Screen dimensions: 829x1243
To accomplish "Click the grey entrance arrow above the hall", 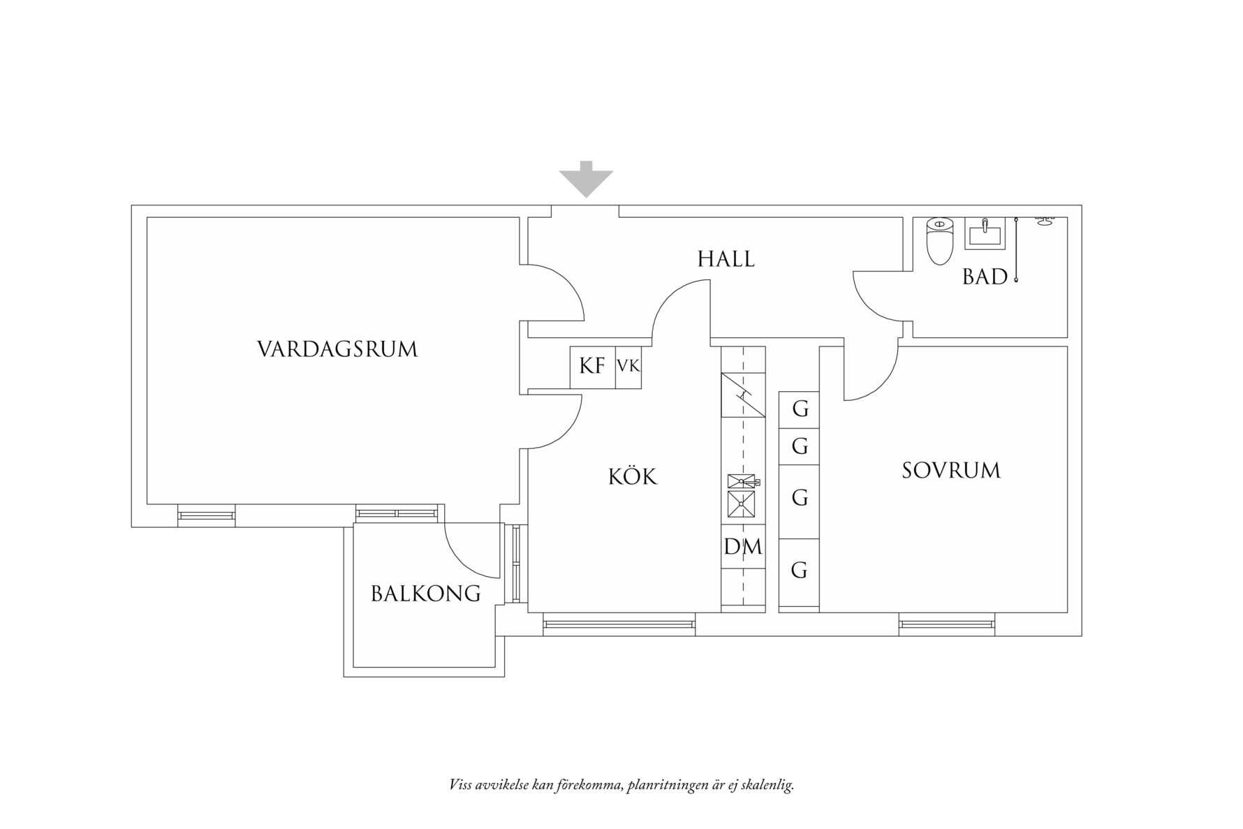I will (x=585, y=179).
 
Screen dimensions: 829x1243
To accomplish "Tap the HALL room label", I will (x=726, y=259).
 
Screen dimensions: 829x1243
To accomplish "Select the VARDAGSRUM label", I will (x=337, y=349).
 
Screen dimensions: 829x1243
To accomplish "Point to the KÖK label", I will (x=633, y=477).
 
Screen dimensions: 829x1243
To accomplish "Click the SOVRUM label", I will (x=951, y=470).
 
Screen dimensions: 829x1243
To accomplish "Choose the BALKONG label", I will (x=425, y=594).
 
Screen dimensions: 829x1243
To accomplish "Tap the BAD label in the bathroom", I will (x=985, y=277).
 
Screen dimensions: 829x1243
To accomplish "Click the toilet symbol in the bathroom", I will (x=939, y=241).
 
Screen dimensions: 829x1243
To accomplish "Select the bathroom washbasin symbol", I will (x=985, y=233).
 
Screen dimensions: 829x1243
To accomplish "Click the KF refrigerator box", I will (x=592, y=366).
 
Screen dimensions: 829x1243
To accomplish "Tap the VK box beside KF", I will (x=628, y=366).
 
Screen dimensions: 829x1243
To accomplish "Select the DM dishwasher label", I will (x=743, y=547).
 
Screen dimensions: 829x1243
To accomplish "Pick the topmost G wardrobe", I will (x=799, y=408).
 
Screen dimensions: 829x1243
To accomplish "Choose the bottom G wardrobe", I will (x=799, y=571).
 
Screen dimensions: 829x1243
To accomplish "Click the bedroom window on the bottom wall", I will (x=946, y=624).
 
